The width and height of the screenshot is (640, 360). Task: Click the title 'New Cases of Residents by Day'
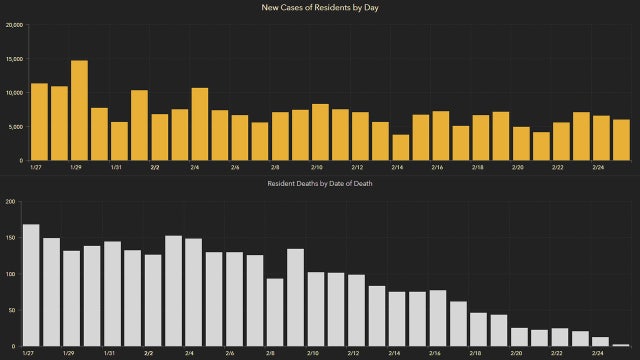[320, 8]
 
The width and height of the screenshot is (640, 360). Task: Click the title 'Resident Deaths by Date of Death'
[320, 185]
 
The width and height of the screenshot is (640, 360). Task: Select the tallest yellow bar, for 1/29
[79, 111]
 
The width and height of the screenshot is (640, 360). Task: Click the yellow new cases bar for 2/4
[200, 124]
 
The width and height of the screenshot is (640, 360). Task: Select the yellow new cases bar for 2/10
[320, 132]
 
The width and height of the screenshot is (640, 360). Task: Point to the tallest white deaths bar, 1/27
[31, 285]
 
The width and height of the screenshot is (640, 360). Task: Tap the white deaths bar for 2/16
[437, 318]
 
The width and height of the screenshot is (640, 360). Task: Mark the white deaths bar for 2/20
[520, 337]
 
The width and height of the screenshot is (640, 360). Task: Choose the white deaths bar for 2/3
[173, 291]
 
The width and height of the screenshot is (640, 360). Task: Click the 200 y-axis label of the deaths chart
[10, 202]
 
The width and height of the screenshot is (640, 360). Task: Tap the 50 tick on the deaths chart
[12, 311]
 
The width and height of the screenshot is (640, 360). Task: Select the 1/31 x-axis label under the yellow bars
[116, 168]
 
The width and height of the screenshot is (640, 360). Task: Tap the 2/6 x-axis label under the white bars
[231, 354]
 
